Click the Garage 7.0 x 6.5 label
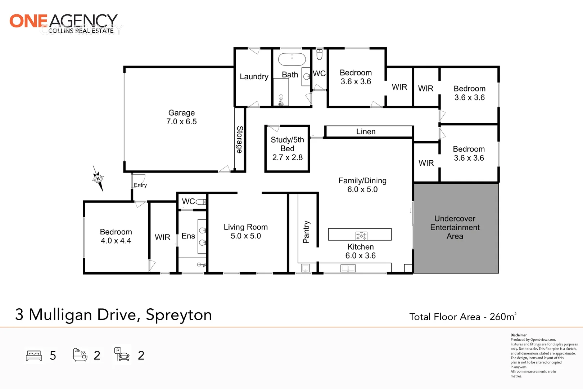[181, 117]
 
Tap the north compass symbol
[98, 178]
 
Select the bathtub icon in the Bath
[292, 59]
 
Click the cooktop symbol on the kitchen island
[361, 236]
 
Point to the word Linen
[366, 132]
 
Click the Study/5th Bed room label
[287, 148]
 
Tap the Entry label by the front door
[140, 185]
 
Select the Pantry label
[306, 232]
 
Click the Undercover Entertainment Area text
[455, 227]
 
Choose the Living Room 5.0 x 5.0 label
[246, 232]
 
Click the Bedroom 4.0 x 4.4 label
[116, 236]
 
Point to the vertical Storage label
[240, 139]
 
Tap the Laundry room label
[254, 77]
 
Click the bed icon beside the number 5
[34, 356]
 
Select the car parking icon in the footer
[122, 354]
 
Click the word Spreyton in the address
[178, 315]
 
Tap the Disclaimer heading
[519, 335]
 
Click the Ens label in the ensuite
[188, 236]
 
